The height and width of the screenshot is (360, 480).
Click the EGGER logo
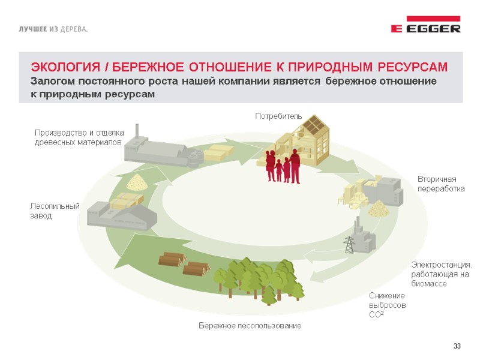tap(425, 28)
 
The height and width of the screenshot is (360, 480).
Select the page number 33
tap(457, 346)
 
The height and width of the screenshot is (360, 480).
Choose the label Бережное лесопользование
tap(250, 326)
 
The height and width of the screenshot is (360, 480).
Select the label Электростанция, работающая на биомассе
tap(442, 274)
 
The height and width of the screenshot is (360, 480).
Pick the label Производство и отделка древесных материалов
tap(79, 137)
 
